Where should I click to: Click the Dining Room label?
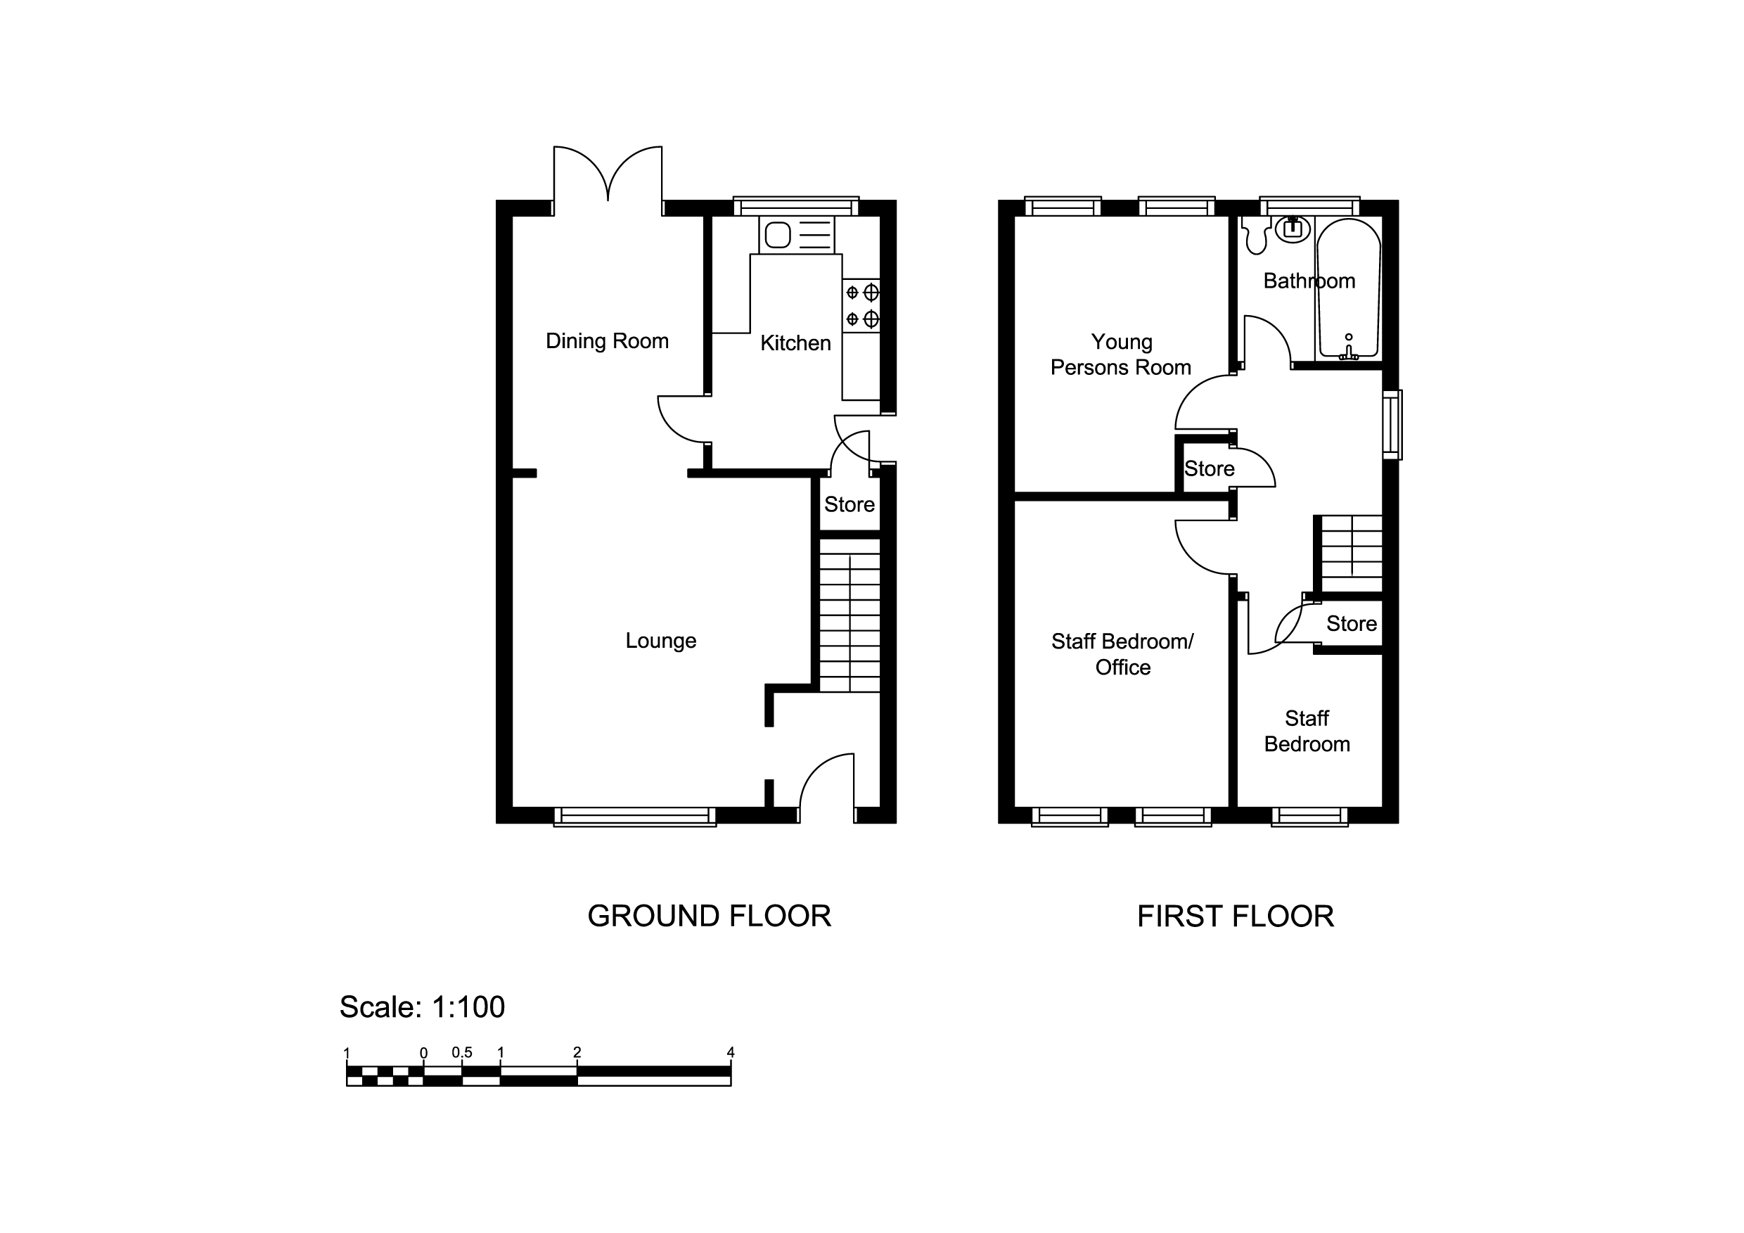607,341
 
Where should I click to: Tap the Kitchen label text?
795,343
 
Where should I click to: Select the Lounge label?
660,641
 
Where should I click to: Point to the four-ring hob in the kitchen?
861,305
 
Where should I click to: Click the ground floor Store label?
849,504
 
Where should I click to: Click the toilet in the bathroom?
1255,235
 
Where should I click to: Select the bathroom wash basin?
1292,228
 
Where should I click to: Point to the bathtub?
1348,288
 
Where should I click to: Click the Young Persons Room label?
1120,354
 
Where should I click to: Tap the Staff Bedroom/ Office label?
1122,654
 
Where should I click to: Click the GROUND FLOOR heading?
709,916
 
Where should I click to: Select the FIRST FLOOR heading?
1235,916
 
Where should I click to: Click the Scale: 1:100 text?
421,1007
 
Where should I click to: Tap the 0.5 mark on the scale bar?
462,1053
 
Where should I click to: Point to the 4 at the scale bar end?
731,1053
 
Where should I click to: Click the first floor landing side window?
1392,425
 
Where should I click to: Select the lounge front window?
634,817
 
